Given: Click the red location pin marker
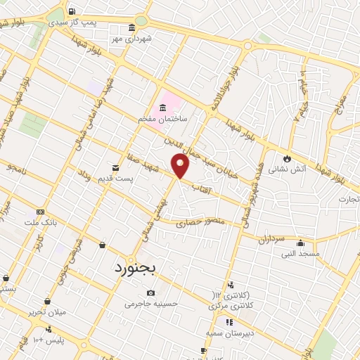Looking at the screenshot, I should [x=181, y=166].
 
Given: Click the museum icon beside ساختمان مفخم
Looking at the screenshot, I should [x=163, y=108].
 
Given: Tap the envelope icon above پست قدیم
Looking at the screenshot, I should [x=116, y=168].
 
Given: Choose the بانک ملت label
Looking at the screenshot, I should [x=40, y=222].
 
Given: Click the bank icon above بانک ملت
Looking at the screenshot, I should [x=40, y=211].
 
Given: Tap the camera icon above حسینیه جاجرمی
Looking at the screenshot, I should [x=150, y=292].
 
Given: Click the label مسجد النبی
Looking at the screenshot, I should [x=300, y=253].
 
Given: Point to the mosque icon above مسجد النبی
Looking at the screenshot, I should [x=300, y=243].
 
